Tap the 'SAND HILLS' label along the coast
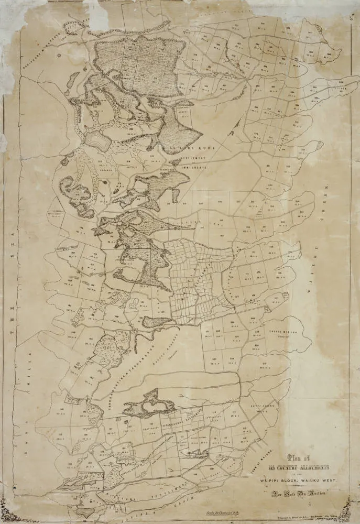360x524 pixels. (21, 409)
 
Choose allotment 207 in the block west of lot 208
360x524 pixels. (213, 357)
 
